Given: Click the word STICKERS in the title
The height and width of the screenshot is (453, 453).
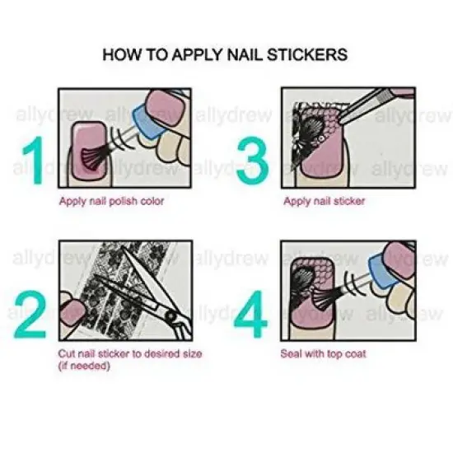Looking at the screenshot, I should pyautogui.click(x=307, y=55).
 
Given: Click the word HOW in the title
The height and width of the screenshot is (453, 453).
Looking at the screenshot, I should pyautogui.click(x=119, y=55).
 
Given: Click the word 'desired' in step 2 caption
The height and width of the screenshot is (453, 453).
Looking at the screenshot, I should pyautogui.click(x=165, y=353).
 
